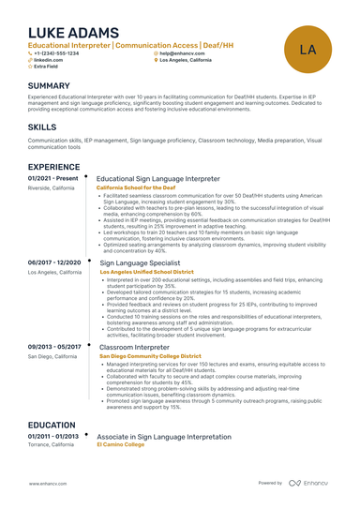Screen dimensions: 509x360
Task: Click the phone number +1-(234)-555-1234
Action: pyautogui.click(x=59, y=52)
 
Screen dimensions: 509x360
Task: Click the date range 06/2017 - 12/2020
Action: pyautogui.click(x=54, y=263)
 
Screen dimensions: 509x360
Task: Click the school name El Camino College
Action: pyautogui.click(x=121, y=445)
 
